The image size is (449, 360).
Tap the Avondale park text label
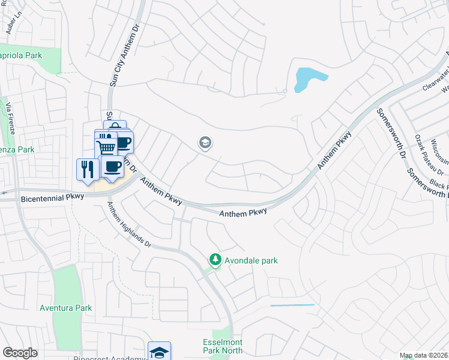click(x=251, y=260)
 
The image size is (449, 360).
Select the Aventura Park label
click(x=66, y=308)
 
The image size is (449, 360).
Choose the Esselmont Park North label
click(x=223, y=347)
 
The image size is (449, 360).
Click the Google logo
click(x=20, y=353)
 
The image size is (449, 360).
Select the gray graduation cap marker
click(x=205, y=143)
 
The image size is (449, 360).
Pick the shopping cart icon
click(x=106, y=146)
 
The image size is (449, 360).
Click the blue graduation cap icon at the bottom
click(x=160, y=352)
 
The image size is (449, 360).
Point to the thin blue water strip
click(x=292, y=305)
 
